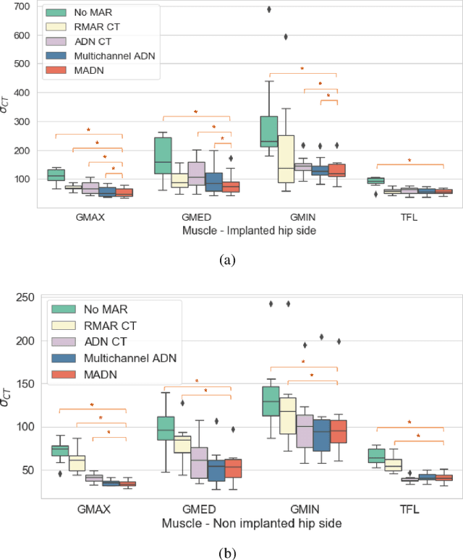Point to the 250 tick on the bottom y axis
point(25,297)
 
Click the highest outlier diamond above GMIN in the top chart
point(270,9)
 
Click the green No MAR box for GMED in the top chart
point(163,155)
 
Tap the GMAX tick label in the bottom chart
point(92,508)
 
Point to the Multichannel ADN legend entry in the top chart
point(106,56)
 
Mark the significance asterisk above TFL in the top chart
point(409,161)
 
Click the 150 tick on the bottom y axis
point(25,383)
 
